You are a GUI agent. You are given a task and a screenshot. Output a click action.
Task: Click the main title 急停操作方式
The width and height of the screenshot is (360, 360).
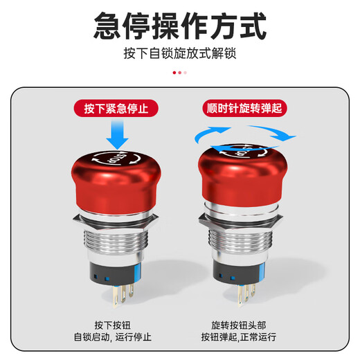point(180,28)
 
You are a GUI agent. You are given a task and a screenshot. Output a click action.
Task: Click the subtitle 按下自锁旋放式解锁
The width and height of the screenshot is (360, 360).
point(180,53)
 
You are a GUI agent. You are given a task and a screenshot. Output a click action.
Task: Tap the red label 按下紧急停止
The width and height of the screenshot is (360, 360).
point(116,109)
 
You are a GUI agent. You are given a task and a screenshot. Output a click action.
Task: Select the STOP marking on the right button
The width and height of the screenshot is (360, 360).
point(244,148)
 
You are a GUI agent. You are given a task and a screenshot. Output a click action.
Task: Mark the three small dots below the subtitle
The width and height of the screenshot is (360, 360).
point(180,72)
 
